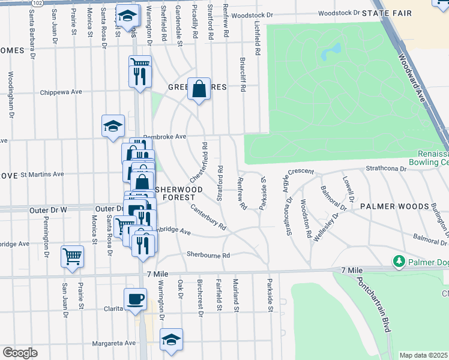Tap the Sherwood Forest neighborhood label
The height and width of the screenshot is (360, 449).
pyautogui.click(x=176, y=193)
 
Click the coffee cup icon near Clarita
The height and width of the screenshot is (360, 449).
pyautogui.click(x=135, y=299)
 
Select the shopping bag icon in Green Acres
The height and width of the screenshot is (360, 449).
pyautogui.click(x=199, y=89)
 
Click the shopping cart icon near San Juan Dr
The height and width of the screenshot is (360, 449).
pyautogui.click(x=72, y=256)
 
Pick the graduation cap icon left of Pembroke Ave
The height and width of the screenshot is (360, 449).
pyautogui.click(x=113, y=126)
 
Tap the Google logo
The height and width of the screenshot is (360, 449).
pyautogui.click(x=20, y=353)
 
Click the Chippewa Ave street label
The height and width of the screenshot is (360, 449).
pyautogui.click(x=61, y=92)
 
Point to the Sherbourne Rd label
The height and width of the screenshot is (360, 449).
pyautogui.click(x=208, y=254)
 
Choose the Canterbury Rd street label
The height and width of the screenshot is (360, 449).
pyautogui.click(x=208, y=218)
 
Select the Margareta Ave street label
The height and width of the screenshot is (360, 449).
pyautogui.click(x=113, y=343)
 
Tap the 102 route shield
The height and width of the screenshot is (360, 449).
pyautogui.click(x=37, y=2)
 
